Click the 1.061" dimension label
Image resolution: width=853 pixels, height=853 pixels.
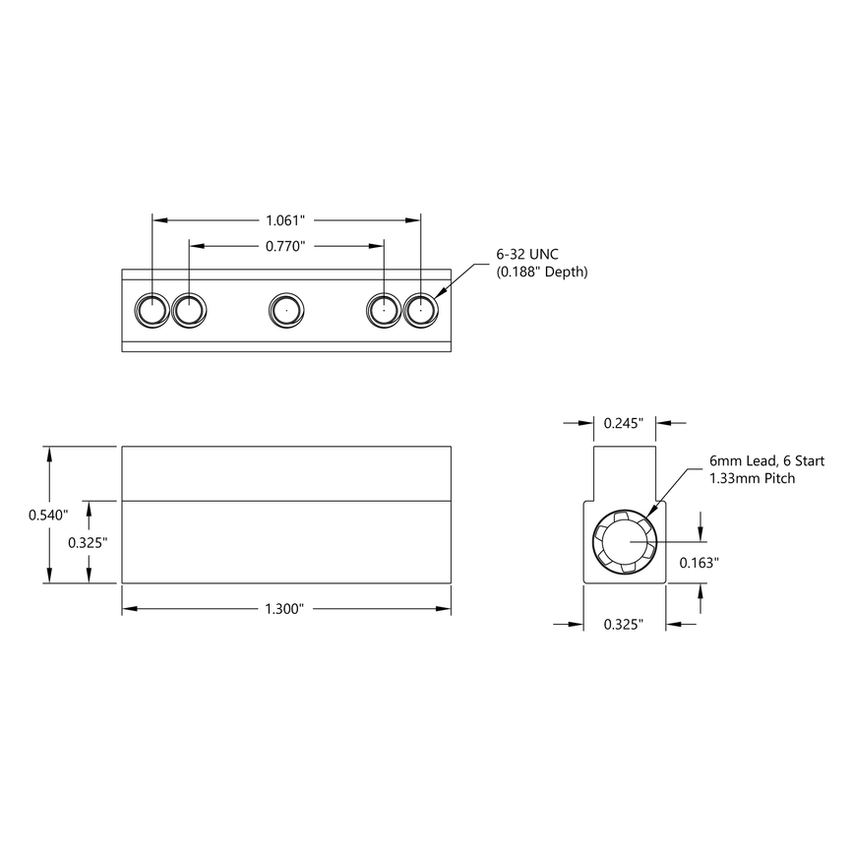click(x=285, y=220)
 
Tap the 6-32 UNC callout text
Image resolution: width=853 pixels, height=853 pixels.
click(x=527, y=255)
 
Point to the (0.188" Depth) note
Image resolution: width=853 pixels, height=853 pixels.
click(x=541, y=273)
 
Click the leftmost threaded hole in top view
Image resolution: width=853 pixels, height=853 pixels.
click(x=152, y=311)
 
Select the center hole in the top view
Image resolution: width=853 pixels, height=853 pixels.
click(x=286, y=311)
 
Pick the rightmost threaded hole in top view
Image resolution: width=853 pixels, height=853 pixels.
click(x=420, y=311)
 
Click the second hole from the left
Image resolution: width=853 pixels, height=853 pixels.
click(x=189, y=311)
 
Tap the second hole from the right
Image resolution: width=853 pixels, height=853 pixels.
click(x=384, y=311)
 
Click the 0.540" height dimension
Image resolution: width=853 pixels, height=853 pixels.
click(x=47, y=515)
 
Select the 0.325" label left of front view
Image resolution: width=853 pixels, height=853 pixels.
click(x=88, y=542)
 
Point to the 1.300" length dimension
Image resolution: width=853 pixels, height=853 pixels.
click(x=285, y=610)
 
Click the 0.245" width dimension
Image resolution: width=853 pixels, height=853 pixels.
click(x=624, y=423)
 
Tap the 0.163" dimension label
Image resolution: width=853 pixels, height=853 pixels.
click(x=700, y=563)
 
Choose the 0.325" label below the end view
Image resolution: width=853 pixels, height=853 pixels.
click(x=624, y=624)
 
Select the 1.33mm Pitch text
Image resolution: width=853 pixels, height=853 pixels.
click(x=752, y=478)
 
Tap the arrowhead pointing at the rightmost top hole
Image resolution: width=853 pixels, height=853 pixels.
click(x=440, y=295)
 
